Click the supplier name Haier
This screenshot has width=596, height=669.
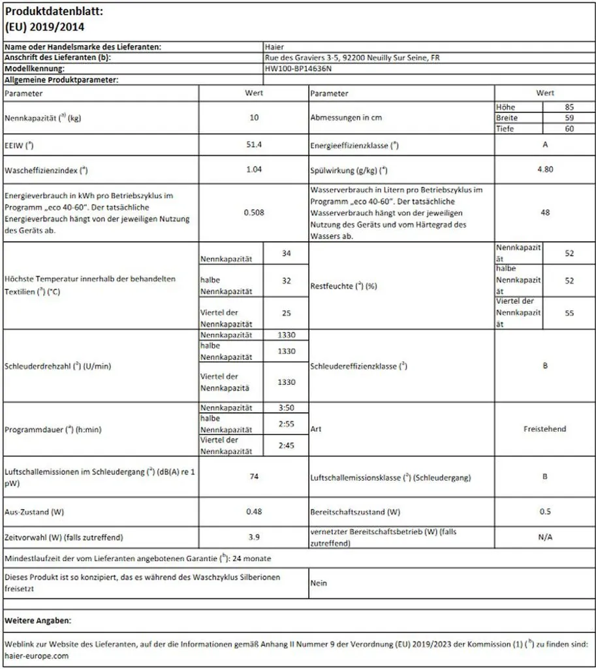pos(274,47)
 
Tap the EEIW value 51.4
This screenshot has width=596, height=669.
pos(254,144)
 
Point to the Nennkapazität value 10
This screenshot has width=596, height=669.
pos(254,118)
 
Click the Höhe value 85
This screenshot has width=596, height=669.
pos(569,106)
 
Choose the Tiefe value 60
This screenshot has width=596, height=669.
pos(569,129)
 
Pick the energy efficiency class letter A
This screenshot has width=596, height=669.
pos(545,144)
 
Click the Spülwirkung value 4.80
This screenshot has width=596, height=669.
pos(545,169)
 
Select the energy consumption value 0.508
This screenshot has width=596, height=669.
pos(254,212)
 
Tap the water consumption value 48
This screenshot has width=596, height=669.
pos(545,212)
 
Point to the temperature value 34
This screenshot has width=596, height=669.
pos(286,253)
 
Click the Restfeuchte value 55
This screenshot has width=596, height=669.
pos(569,313)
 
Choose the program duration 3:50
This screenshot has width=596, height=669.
pos(286,407)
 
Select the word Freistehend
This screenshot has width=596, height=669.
pos(545,429)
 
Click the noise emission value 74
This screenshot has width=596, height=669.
pos(254,476)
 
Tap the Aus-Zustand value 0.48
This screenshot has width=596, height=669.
pos(254,512)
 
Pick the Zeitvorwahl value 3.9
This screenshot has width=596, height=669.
pos(254,537)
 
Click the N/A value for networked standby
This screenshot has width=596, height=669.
pos(545,537)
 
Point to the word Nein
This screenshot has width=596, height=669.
pos(319,583)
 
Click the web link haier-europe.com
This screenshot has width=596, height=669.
pos(36,656)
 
